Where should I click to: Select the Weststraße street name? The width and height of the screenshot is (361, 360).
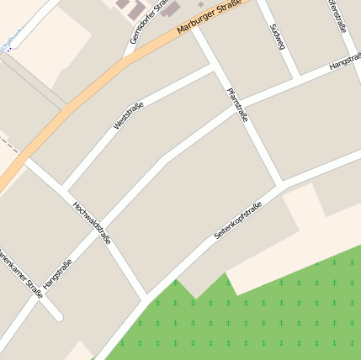[x=129, y=115]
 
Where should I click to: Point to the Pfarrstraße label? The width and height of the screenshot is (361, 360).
[x=237, y=105]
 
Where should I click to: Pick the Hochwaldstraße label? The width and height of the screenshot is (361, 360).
[x=92, y=222]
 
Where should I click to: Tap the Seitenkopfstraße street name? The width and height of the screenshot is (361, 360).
[x=238, y=216]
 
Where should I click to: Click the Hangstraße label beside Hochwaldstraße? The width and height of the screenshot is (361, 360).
[x=58, y=273]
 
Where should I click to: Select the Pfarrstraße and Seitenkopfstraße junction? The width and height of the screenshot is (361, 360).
[x=284, y=183]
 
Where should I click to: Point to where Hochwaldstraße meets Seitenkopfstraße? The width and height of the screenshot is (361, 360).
[x=147, y=301]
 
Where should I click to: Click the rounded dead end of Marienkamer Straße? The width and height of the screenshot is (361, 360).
[x=58, y=316]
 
